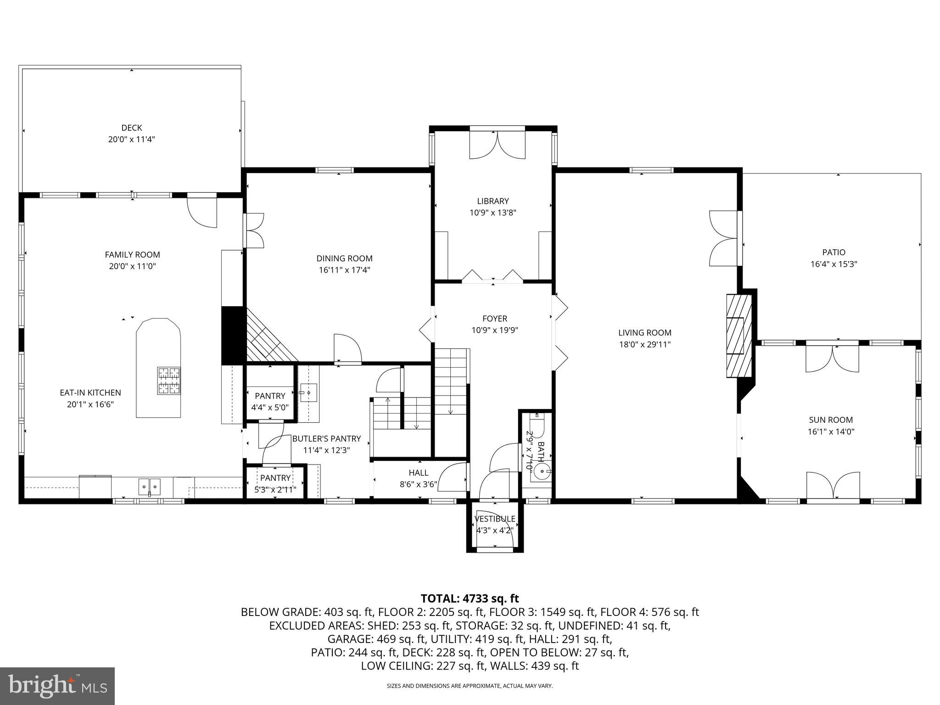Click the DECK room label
(x=132, y=128)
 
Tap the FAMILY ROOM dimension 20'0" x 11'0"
(x=132, y=266)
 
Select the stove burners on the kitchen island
(x=169, y=381)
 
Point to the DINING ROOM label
(x=344, y=258)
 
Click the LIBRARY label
(x=492, y=201)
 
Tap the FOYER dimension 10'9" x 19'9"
(x=494, y=330)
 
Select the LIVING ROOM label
(x=644, y=333)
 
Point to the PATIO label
(x=834, y=252)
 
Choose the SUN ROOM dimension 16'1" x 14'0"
(x=831, y=431)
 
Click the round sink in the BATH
(x=542, y=471)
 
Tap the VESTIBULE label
(x=494, y=519)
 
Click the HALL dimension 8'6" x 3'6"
(x=418, y=484)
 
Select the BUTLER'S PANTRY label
(x=326, y=438)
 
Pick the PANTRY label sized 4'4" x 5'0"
(x=270, y=396)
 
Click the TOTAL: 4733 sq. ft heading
(x=470, y=599)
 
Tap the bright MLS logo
(x=57, y=686)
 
